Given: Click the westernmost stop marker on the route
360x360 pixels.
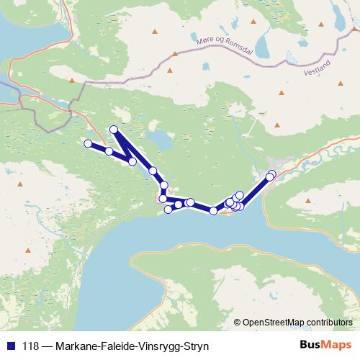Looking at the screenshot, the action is click(x=88, y=143).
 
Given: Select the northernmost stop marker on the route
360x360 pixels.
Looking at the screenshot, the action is click(x=113, y=130).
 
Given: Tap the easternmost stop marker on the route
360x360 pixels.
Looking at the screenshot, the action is click(x=271, y=174).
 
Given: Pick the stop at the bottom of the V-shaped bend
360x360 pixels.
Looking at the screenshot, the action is click(x=132, y=161).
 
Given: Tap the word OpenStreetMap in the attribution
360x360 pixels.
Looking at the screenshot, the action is click(x=272, y=322).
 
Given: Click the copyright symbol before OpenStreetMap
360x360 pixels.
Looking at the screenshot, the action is click(x=238, y=322).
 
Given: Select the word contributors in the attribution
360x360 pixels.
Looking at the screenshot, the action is click(x=329, y=322).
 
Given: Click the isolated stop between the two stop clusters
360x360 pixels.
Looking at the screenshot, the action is click(x=213, y=210).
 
